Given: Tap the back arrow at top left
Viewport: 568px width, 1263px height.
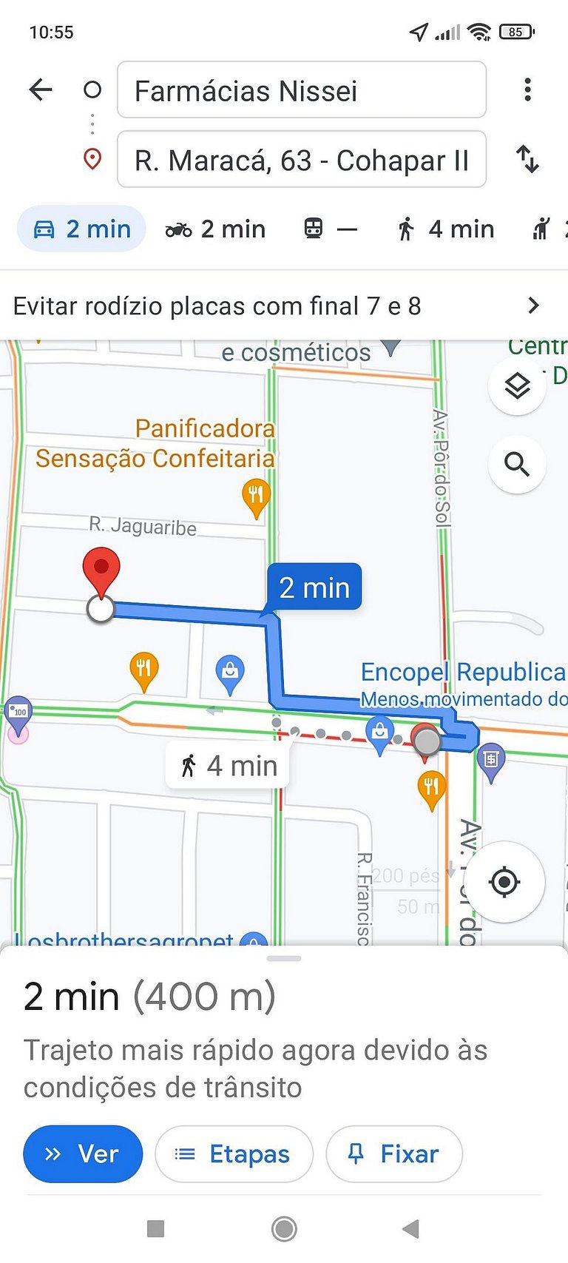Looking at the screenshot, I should [x=41, y=90].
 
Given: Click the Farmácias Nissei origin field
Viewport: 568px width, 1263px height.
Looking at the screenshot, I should [x=301, y=90].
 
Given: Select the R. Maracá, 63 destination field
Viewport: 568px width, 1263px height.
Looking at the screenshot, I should [x=301, y=160].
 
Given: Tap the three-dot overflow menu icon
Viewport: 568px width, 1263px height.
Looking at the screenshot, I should [x=527, y=90].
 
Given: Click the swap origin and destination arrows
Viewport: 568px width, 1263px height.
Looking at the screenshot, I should [x=527, y=159].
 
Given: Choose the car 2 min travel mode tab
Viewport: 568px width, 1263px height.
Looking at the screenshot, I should [x=82, y=229].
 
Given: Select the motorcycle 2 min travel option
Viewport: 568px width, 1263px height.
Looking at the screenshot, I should [x=215, y=229].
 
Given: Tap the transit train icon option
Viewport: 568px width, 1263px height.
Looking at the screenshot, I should [x=314, y=229].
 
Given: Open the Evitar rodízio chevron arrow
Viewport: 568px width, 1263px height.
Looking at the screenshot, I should [x=533, y=306].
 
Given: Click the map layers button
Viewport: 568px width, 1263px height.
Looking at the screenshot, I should [x=517, y=385].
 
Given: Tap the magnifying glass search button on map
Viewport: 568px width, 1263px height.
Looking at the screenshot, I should [x=517, y=464].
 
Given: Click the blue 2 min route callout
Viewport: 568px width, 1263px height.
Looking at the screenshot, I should [x=314, y=587].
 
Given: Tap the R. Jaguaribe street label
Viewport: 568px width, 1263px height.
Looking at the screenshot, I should [x=143, y=526].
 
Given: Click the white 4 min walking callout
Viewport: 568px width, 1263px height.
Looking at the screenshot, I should [x=229, y=766].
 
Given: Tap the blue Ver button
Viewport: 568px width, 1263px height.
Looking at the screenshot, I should [x=83, y=1153].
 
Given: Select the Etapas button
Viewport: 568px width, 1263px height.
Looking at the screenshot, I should [x=234, y=1153].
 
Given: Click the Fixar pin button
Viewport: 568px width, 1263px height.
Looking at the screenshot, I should [x=394, y=1153].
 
